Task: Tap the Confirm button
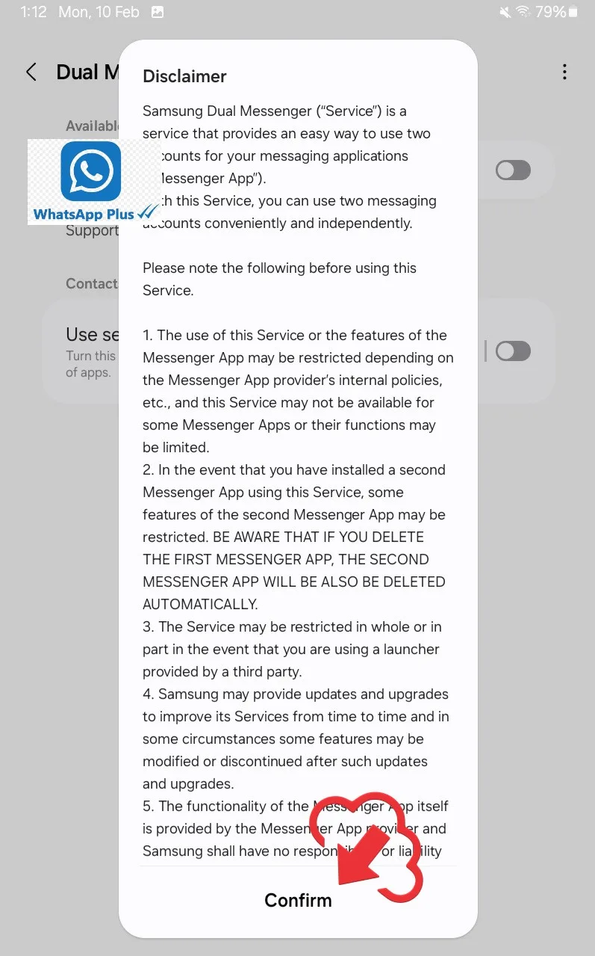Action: tap(298, 900)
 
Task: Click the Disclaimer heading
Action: tap(184, 76)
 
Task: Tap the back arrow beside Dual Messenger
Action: tap(31, 72)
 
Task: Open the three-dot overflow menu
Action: tap(564, 72)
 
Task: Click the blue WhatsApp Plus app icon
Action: tap(90, 170)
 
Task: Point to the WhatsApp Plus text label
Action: tap(84, 215)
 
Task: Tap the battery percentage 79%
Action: tap(551, 12)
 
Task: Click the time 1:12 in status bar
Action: tap(34, 12)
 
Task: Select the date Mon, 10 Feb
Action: tap(99, 12)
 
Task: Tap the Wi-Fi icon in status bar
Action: tap(523, 12)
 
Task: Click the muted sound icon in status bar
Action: tap(505, 12)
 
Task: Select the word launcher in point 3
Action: tap(411, 649)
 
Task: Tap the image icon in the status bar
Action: tap(158, 12)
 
